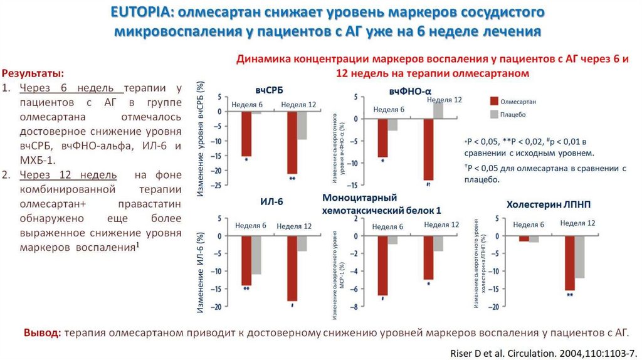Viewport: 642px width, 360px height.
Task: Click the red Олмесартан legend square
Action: click(x=494, y=101)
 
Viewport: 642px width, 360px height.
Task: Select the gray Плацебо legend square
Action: click(x=494, y=114)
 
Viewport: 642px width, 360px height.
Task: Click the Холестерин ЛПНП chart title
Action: click(x=548, y=204)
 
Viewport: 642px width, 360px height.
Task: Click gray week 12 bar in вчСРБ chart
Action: click(x=302, y=125)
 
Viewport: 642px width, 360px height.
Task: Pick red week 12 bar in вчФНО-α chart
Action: click(x=429, y=149)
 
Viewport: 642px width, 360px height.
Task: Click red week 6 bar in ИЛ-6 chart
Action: click(x=246, y=260)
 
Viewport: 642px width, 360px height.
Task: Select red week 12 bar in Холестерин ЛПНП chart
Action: click(x=569, y=263)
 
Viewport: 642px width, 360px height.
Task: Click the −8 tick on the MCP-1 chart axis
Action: click(x=355, y=307)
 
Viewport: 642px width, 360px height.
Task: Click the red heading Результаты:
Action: click(x=32, y=73)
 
